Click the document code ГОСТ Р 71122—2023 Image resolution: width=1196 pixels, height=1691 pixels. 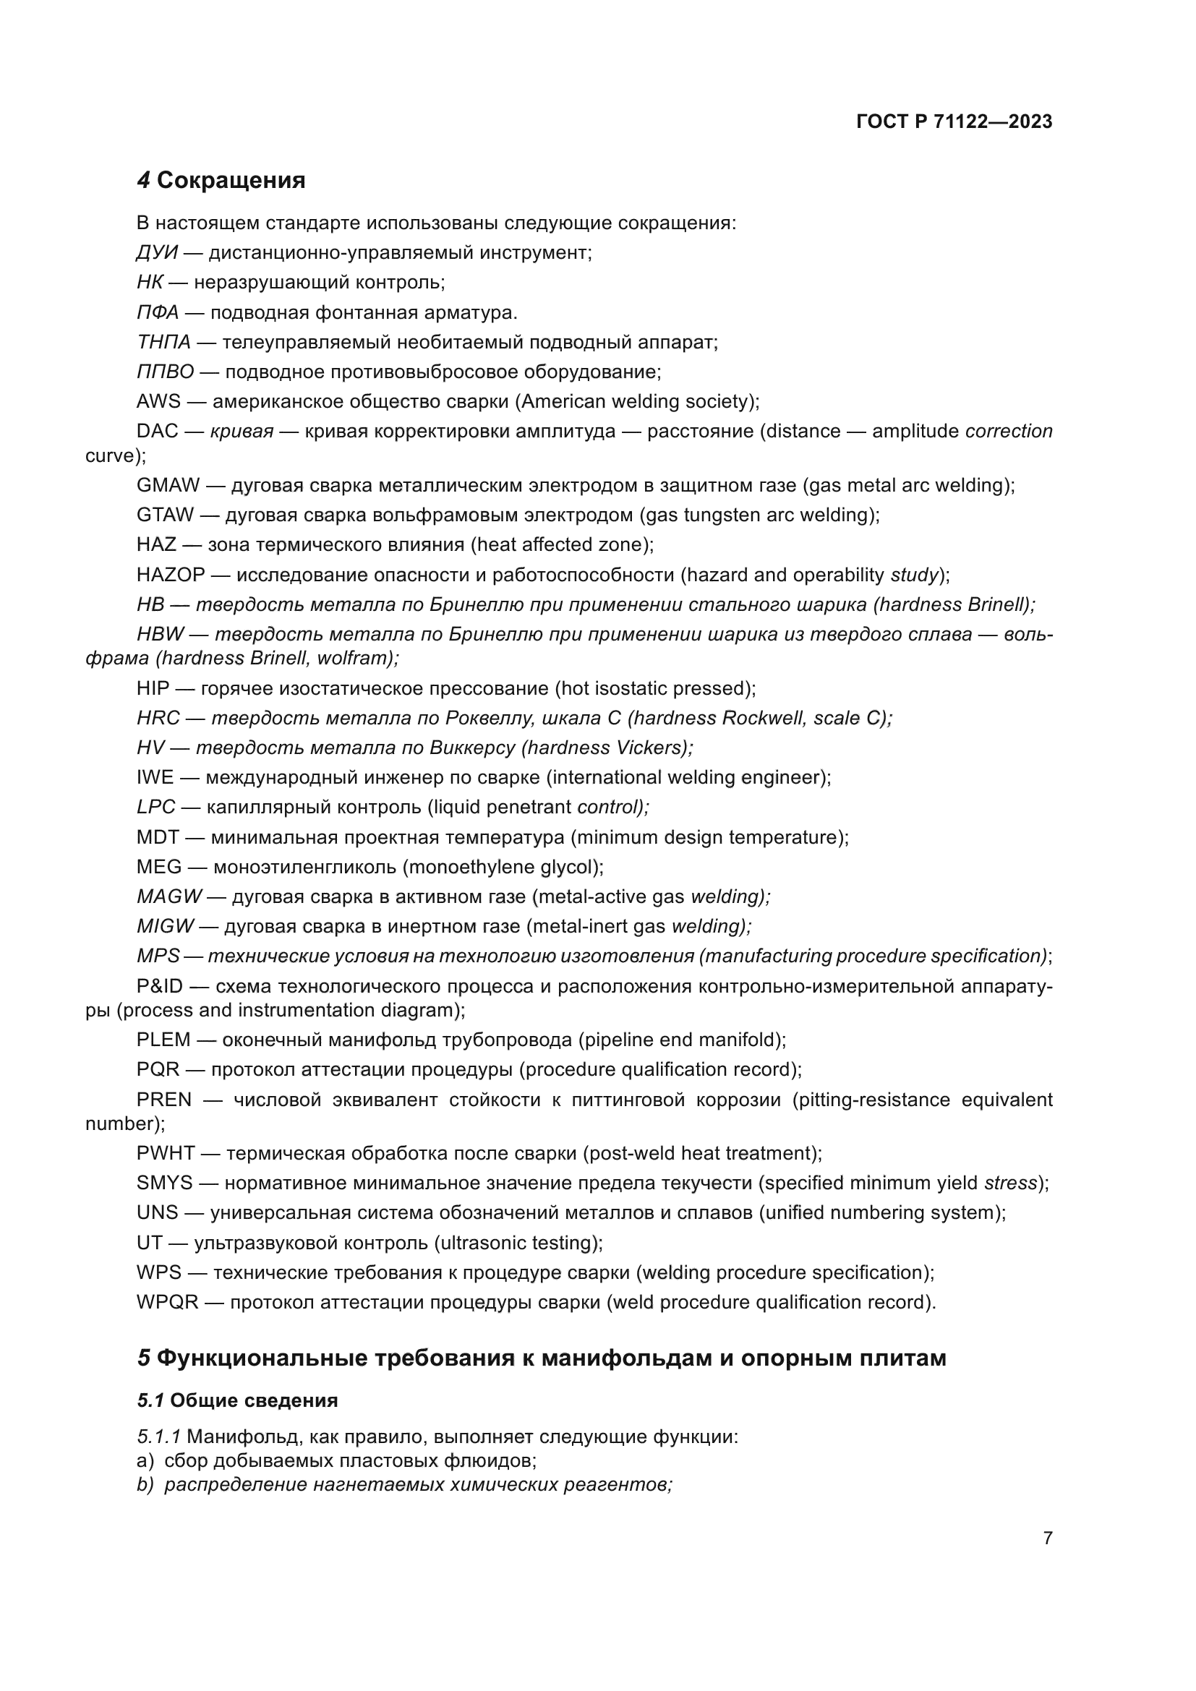954,122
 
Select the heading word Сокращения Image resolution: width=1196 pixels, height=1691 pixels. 231,181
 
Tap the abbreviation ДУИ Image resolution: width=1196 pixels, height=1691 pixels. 157,253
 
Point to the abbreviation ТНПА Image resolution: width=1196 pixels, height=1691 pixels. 163,343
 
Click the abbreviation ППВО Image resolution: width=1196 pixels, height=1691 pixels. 165,372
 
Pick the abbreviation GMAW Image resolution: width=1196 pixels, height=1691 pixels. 168,485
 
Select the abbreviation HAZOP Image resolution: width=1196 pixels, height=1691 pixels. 170,575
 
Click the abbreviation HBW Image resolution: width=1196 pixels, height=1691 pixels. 160,634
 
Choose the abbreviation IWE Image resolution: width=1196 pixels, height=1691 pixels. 155,778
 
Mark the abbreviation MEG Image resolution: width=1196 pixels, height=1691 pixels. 158,867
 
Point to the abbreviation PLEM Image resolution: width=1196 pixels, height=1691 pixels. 163,1040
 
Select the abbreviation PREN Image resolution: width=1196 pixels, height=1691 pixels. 163,1100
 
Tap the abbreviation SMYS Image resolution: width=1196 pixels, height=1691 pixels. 164,1183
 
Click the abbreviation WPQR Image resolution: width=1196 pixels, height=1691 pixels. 167,1302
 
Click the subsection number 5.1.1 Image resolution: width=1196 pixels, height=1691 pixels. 158,1437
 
